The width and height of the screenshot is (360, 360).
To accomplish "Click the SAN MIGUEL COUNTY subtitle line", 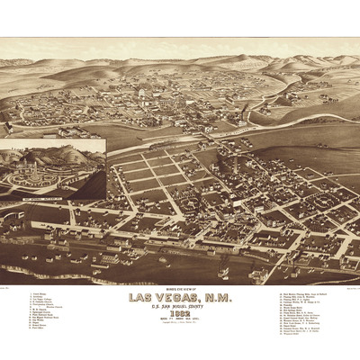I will point(180,304).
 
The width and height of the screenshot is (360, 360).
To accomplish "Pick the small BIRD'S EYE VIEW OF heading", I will point(180,288).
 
